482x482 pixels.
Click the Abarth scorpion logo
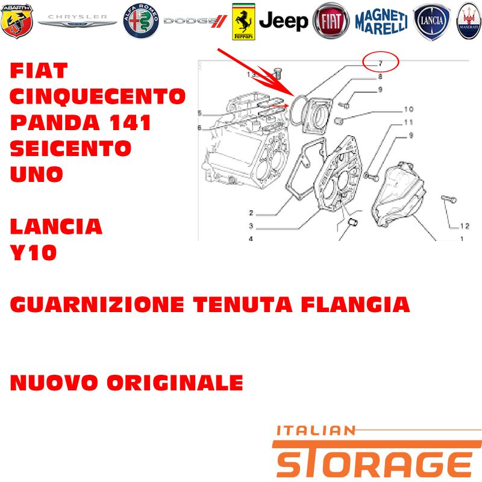[x=17, y=21]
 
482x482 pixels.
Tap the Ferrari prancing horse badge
[x=243, y=22]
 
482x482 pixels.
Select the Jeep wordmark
[x=283, y=21]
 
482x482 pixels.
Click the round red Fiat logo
[x=331, y=21]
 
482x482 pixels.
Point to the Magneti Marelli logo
[x=381, y=22]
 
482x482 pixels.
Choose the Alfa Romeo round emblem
[x=141, y=21]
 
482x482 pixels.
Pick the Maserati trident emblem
[x=469, y=21]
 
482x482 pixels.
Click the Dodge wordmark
[x=195, y=21]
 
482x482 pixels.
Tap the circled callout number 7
[x=381, y=63]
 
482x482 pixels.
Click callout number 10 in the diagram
[x=408, y=109]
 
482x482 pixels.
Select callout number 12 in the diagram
[x=465, y=227]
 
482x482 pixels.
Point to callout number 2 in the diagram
[x=251, y=213]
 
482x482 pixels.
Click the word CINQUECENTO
[x=98, y=96]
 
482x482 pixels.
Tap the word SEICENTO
[x=70, y=148]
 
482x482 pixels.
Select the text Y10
[x=33, y=252]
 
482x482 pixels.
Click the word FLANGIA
[x=355, y=304]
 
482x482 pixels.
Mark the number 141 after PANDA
[x=130, y=122]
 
